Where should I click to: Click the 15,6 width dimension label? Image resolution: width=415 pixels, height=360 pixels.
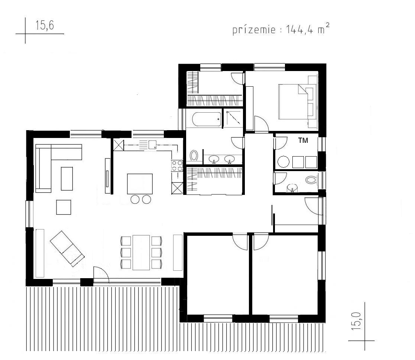click(x=45, y=25)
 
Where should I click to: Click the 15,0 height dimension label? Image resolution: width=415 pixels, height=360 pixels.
click(x=357, y=321)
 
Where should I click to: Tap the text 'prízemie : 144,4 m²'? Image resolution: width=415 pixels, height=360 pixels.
click(x=281, y=29)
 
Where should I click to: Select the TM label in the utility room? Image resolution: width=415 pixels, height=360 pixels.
click(x=303, y=141)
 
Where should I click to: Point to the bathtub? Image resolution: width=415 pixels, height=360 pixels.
click(x=207, y=119)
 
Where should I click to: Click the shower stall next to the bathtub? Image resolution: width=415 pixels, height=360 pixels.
click(x=233, y=118)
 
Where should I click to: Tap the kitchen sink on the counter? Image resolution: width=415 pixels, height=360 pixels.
click(x=152, y=145)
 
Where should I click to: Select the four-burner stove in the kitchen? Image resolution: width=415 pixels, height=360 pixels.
click(x=177, y=166)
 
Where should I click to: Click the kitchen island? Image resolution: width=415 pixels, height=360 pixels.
click(x=140, y=184)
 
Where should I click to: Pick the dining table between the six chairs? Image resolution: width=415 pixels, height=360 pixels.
click(x=141, y=253)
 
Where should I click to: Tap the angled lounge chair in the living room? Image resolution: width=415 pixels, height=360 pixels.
click(x=67, y=248)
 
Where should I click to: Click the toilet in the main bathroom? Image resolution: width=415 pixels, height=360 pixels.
click(x=194, y=155)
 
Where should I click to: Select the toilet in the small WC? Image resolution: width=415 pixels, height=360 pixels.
click(x=311, y=180)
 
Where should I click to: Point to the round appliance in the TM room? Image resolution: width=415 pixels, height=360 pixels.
click(x=283, y=162)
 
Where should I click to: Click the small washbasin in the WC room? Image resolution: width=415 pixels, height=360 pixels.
click(x=292, y=188)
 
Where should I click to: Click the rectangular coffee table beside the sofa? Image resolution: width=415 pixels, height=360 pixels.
click(x=67, y=179)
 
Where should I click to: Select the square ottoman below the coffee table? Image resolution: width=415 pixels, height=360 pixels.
click(x=64, y=207)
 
